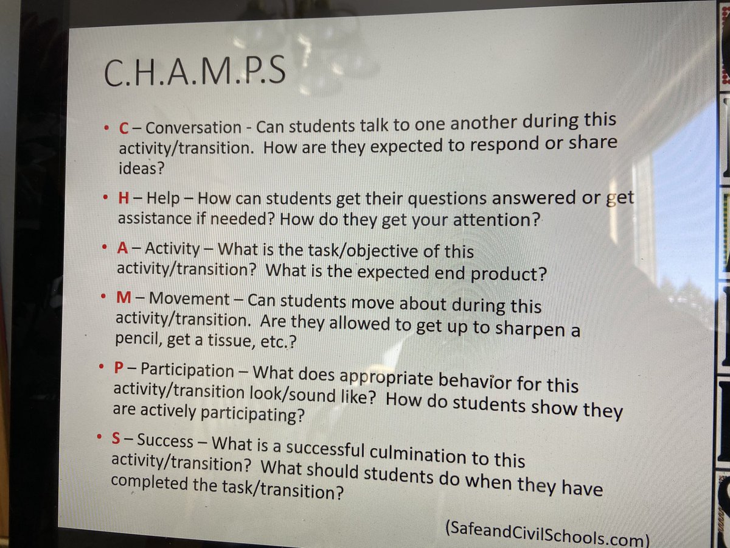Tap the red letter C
click(x=123, y=128)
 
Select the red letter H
click(x=122, y=198)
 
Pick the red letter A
click(x=121, y=249)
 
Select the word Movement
click(x=189, y=300)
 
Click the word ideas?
click(x=141, y=167)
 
